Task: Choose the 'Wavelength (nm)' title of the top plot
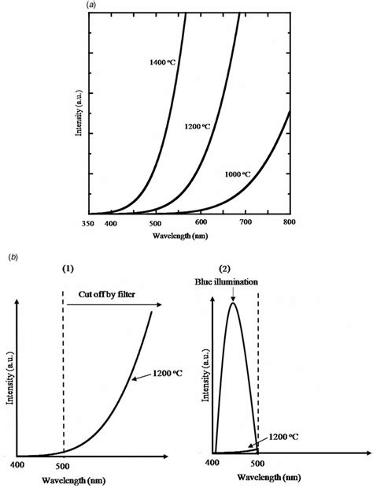pos(190,236)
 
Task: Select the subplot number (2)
pos(234,269)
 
